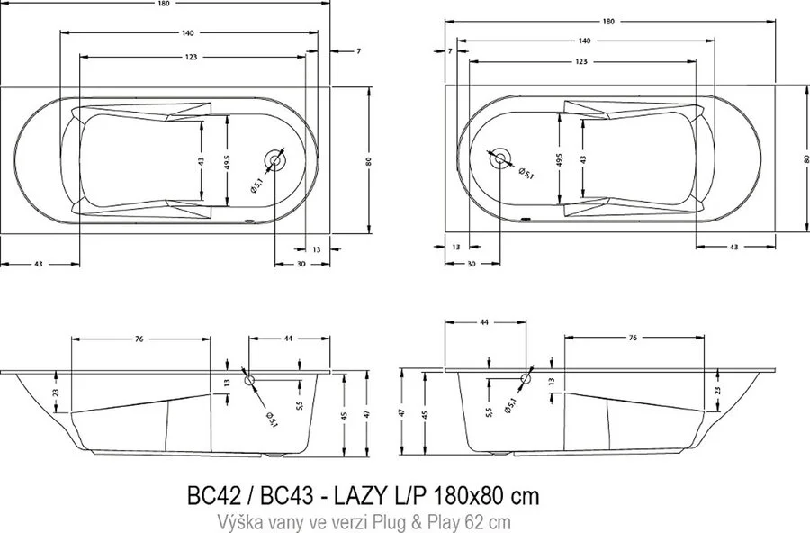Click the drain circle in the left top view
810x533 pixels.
[276, 161]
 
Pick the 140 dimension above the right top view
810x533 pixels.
[584, 41]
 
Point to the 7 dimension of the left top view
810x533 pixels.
[357, 51]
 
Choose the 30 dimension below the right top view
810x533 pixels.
[471, 264]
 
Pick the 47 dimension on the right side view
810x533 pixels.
[402, 413]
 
